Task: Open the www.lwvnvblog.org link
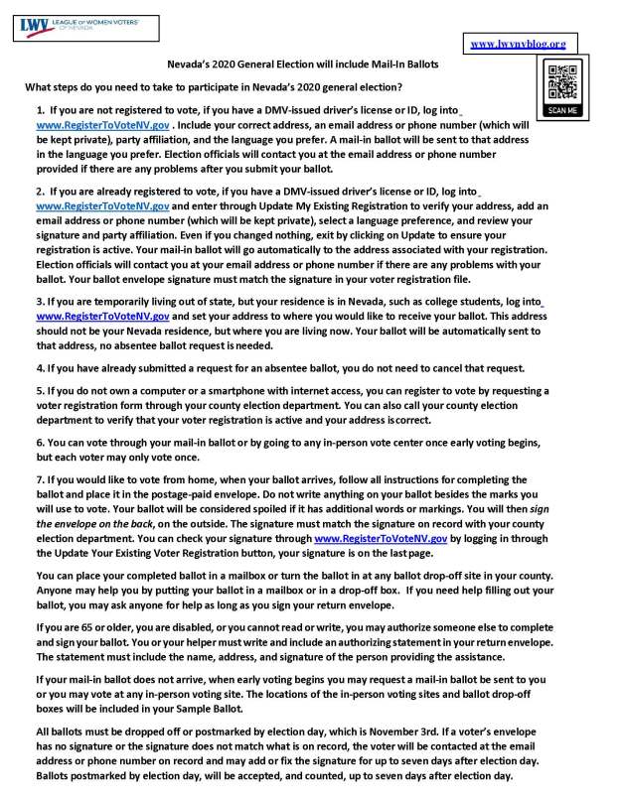point(517,44)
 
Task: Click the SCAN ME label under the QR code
point(562,110)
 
